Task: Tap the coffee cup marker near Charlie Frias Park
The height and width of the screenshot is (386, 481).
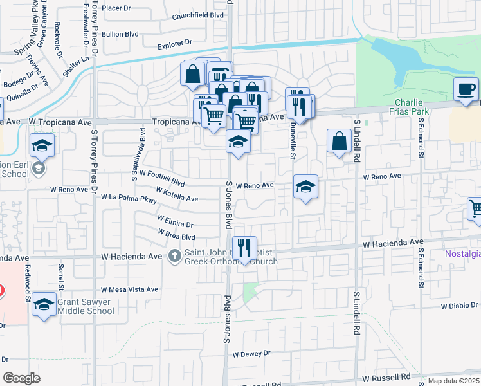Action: click(x=465, y=89)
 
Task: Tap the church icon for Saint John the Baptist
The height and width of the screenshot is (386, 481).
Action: click(x=174, y=257)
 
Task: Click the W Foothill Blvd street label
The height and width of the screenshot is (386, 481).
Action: click(x=158, y=179)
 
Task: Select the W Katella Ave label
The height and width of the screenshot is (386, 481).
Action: click(x=177, y=194)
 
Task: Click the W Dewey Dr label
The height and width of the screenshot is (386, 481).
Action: click(x=251, y=354)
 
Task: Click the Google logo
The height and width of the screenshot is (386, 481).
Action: click(x=21, y=378)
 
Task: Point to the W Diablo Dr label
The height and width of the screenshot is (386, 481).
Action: click(x=458, y=306)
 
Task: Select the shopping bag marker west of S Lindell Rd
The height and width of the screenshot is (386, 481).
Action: click(x=339, y=141)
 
